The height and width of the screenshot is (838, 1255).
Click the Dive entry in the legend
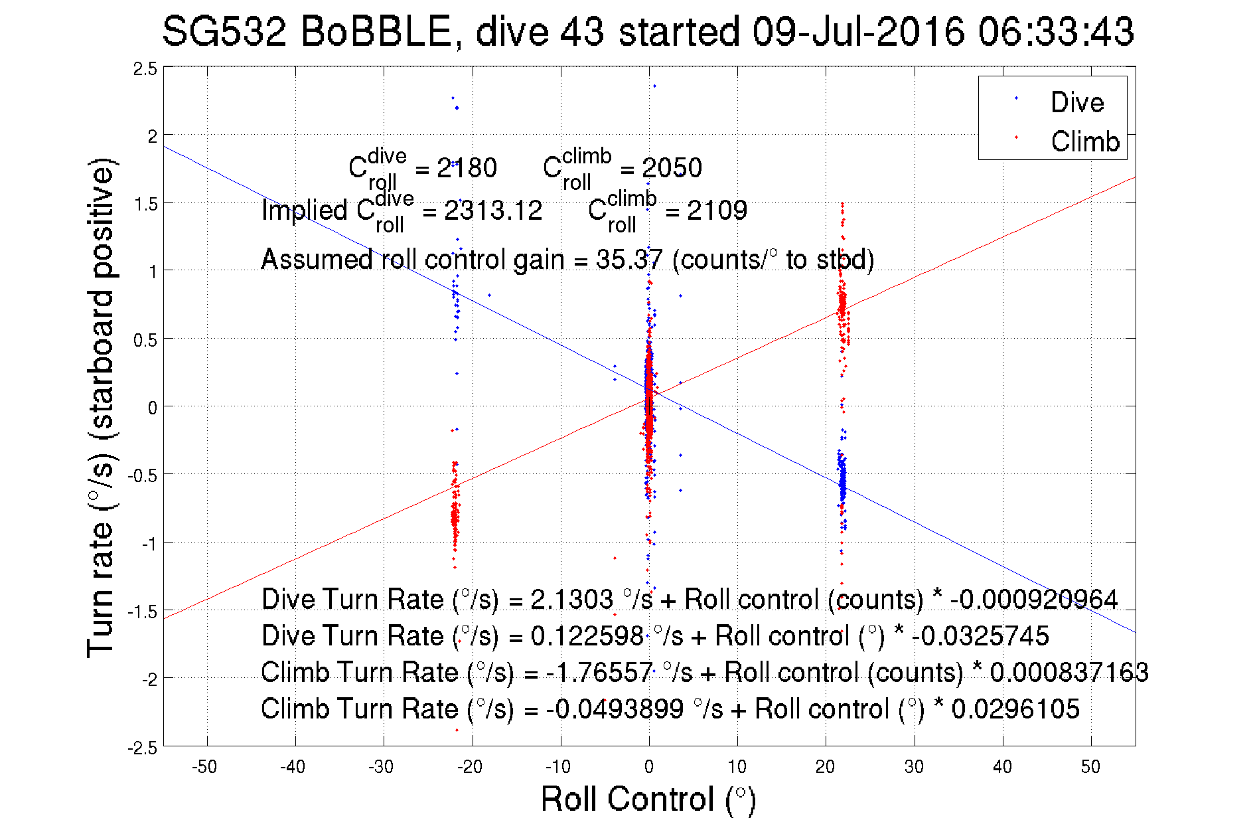point(1076,102)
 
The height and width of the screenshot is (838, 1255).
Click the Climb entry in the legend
point(1084,141)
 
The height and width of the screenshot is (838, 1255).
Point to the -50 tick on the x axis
point(204,767)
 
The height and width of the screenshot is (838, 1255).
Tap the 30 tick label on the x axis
point(914,767)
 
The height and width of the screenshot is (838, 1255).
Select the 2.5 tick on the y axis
point(145,68)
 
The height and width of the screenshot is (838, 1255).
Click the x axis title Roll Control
point(648,799)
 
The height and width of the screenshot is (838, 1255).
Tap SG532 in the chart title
point(224,32)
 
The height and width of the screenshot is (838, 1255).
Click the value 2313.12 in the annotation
point(493,210)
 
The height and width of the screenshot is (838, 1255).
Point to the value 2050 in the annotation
point(672,168)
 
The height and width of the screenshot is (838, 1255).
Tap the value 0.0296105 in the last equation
point(1015,709)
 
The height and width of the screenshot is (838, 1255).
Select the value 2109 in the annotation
point(717,210)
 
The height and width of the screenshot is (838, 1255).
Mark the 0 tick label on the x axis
point(649,767)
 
